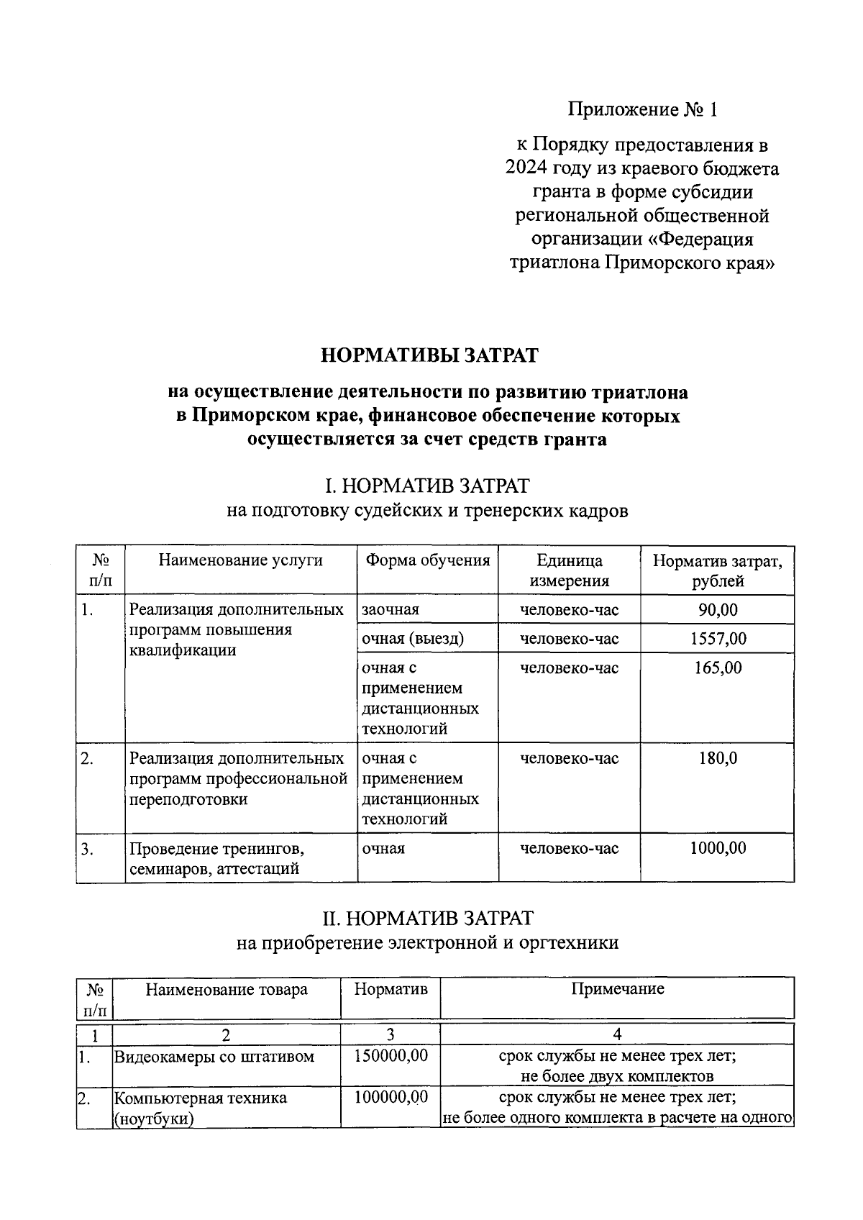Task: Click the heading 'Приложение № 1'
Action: point(642,109)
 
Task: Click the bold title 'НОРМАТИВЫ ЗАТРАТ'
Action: point(429,355)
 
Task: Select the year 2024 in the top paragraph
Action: point(526,169)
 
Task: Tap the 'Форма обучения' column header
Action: point(427,560)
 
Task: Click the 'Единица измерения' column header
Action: point(569,570)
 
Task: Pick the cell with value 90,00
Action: point(718,610)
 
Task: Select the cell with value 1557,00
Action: point(718,639)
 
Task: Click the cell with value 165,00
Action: point(718,668)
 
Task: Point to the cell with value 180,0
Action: point(718,758)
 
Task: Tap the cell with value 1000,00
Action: point(718,848)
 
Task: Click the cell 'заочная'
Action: point(391,610)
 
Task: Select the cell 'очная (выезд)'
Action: point(413,639)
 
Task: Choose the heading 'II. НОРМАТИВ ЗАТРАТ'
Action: point(427,918)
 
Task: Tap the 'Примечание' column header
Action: point(617,988)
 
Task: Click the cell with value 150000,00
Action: point(391,1056)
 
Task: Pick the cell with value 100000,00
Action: point(391,1097)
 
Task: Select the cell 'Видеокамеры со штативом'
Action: point(214,1057)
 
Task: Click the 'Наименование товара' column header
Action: point(226,989)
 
